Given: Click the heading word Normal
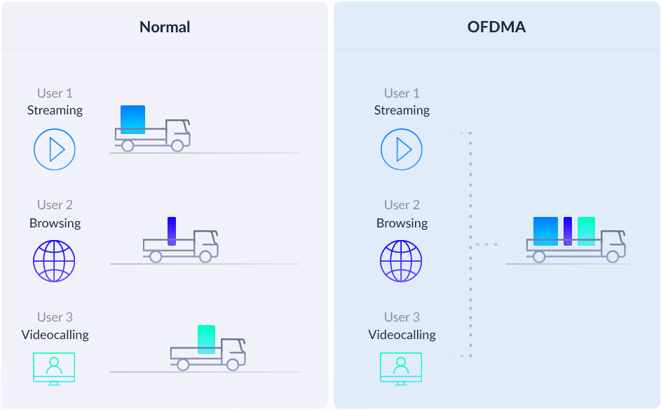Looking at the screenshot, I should pos(165,27).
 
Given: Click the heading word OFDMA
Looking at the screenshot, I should pos(496,27).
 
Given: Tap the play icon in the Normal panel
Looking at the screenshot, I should pos(55,150).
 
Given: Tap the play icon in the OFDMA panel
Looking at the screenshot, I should pos(402,150).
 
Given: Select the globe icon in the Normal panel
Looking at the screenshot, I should pos(54,261).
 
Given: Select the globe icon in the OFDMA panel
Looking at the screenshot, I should pos(401,261).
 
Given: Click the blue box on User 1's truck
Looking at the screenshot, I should pos(132,119).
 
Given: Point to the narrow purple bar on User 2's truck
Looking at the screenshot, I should pos(172,230).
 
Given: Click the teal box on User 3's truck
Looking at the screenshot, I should pos(206,339).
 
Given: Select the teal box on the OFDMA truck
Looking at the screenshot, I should pos(586,231).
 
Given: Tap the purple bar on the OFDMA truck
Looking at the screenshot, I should pos(568,231).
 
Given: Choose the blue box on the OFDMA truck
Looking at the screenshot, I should pos(545,231).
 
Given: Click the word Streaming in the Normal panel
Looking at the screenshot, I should pos(55,110).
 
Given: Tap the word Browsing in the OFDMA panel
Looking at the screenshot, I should pos(402,223).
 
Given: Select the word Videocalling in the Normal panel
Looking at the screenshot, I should pos(55,334).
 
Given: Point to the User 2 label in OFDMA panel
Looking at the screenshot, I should pos(402,205).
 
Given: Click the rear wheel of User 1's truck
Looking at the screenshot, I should pos(128,145).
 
